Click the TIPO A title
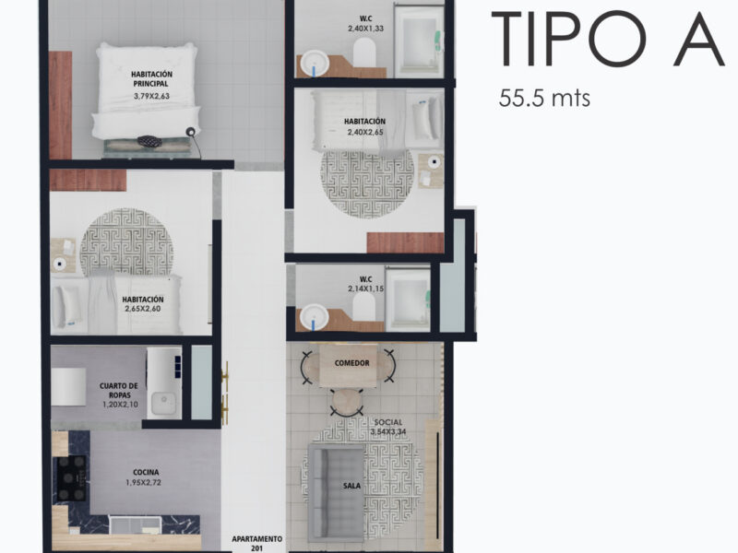click(x=608, y=40)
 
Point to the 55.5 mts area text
click(x=544, y=99)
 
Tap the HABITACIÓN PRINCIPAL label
click(x=151, y=79)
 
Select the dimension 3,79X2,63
click(x=151, y=96)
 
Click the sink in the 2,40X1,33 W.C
click(x=315, y=63)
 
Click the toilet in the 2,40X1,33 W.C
click(x=364, y=52)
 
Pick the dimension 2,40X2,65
click(x=365, y=132)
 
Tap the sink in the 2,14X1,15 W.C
click(x=315, y=317)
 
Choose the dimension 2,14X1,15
click(x=365, y=288)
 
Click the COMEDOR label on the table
click(x=351, y=363)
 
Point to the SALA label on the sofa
click(x=352, y=486)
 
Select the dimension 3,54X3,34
click(x=388, y=431)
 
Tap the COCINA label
click(x=146, y=472)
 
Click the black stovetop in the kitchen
click(x=72, y=478)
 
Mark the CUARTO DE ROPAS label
click(x=119, y=390)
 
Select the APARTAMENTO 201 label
click(x=257, y=543)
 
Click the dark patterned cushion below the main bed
click(x=149, y=141)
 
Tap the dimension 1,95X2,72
click(x=143, y=482)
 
